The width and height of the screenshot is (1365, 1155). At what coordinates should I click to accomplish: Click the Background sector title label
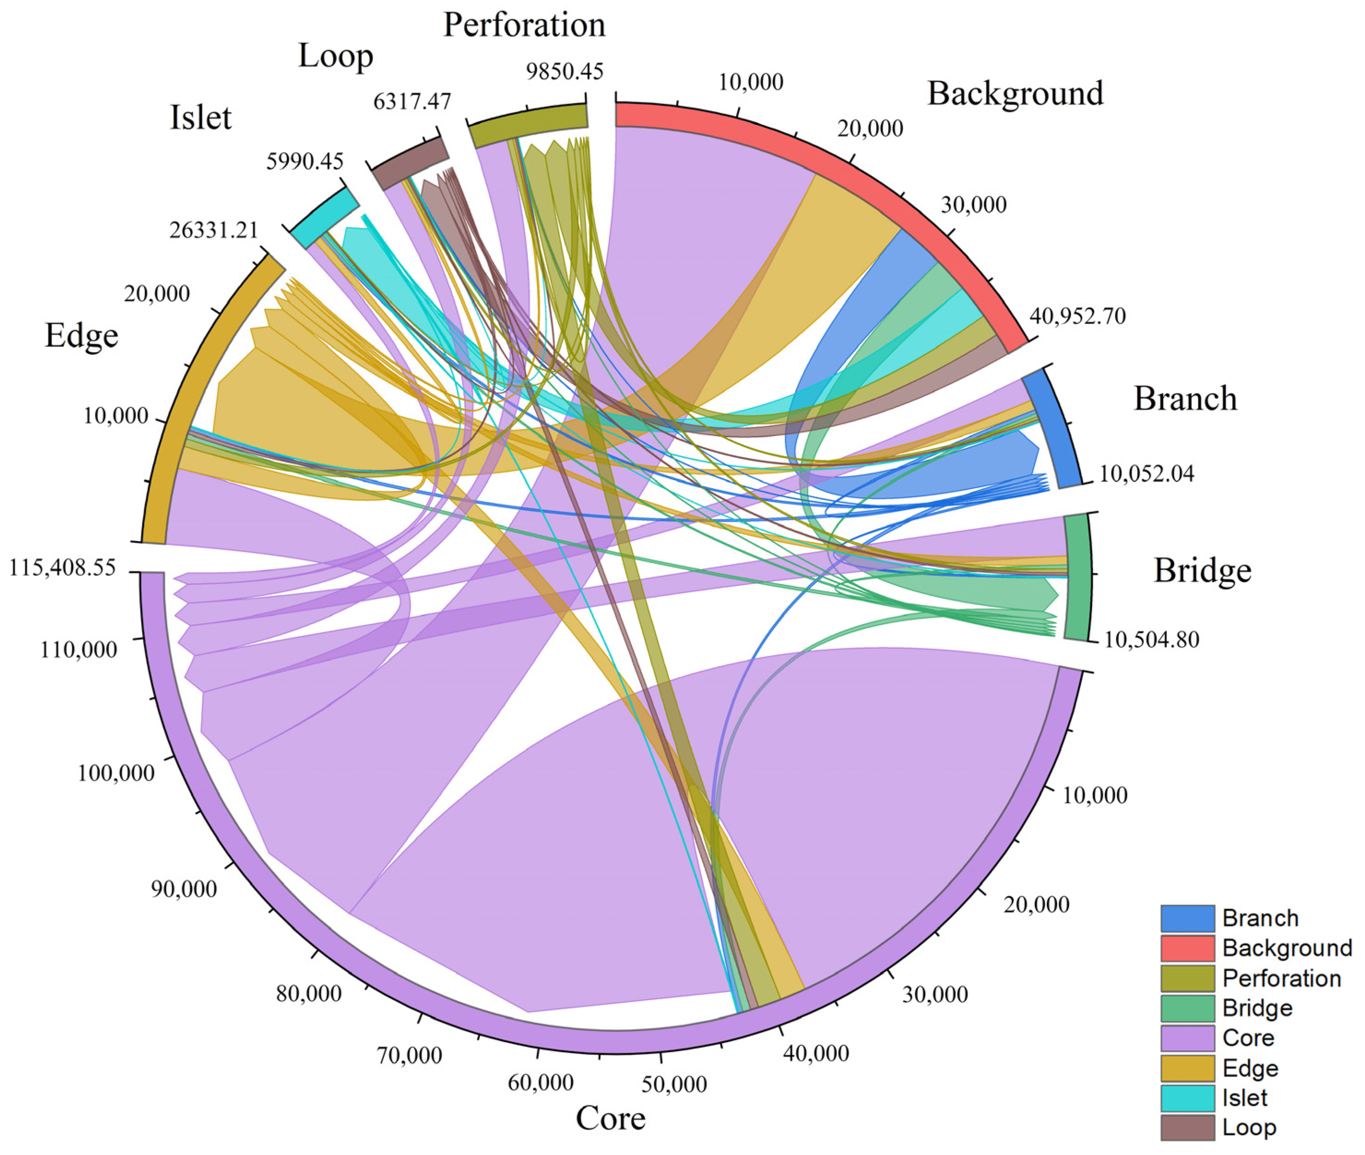pyautogui.click(x=1015, y=93)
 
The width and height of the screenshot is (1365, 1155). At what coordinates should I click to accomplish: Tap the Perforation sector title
pyautogui.click(x=524, y=25)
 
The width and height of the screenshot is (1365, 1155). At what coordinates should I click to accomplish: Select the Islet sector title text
pyautogui.click(x=201, y=118)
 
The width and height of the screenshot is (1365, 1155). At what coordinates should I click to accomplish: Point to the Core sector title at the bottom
pyautogui.click(x=611, y=1118)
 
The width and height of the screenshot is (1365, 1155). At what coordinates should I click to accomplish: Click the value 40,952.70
pyautogui.click(x=1077, y=316)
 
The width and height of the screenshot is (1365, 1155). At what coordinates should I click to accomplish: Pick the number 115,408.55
pyautogui.click(x=62, y=568)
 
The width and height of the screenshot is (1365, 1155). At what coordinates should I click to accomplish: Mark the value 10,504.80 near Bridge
pyautogui.click(x=1151, y=639)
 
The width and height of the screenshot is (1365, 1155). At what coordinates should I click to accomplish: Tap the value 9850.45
pyautogui.click(x=564, y=71)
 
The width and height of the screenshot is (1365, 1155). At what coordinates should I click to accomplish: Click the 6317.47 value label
pyautogui.click(x=412, y=101)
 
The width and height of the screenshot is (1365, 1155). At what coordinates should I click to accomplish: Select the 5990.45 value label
pyautogui.click(x=304, y=161)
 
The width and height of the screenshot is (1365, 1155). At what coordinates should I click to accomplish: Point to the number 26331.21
pyautogui.click(x=214, y=230)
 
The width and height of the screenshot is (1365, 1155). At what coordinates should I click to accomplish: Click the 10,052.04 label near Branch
pyautogui.click(x=1146, y=473)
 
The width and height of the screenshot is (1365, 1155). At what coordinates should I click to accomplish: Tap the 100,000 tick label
pyautogui.click(x=116, y=773)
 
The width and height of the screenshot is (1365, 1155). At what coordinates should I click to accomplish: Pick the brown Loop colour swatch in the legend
pyautogui.click(x=1187, y=1127)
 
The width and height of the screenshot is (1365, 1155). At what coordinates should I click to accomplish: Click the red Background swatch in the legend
pyautogui.click(x=1187, y=948)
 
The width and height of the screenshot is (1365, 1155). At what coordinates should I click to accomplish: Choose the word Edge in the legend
pyautogui.click(x=1250, y=1068)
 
